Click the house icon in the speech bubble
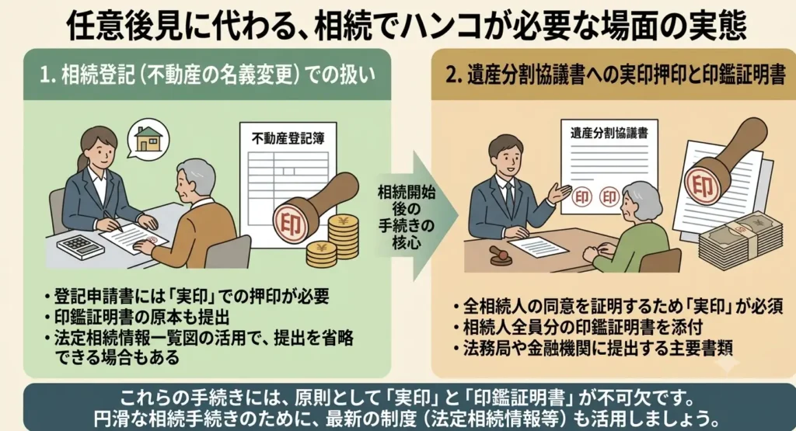coord(148,138)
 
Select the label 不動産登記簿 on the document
coord(288,138)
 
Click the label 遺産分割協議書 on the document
coord(609,134)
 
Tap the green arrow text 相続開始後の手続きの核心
coord(406,217)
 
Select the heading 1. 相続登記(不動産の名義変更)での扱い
coord(208,75)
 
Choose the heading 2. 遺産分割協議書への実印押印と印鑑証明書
coord(616,75)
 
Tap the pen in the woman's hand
coord(113,221)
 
